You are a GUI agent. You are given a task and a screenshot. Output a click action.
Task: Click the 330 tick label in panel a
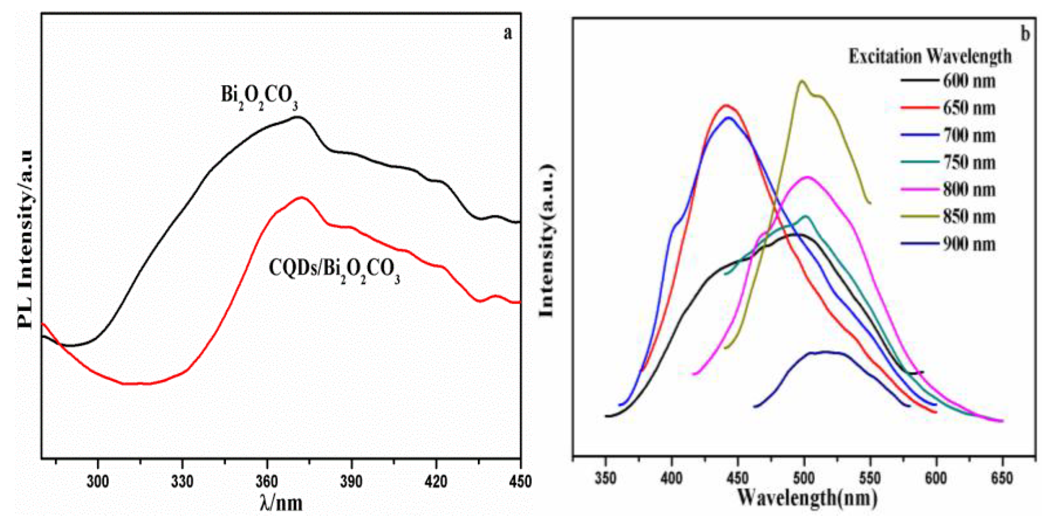pyautogui.click(x=182, y=481)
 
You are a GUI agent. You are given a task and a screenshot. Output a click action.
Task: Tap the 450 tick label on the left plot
pyautogui.click(x=520, y=481)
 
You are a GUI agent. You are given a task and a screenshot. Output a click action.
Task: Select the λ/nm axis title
pyautogui.click(x=281, y=502)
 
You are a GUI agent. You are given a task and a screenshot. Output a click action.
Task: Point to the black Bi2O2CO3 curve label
pyautogui.click(x=259, y=96)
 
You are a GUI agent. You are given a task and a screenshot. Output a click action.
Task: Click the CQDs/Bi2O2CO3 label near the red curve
pyautogui.click(x=334, y=270)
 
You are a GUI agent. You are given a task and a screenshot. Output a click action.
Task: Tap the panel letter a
pyautogui.click(x=508, y=33)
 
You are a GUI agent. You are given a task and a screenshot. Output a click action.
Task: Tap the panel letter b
pyautogui.click(x=1025, y=34)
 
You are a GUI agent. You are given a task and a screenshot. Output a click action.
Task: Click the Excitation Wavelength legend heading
pyautogui.click(x=930, y=56)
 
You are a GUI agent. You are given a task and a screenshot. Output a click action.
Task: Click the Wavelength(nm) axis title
pyautogui.click(x=807, y=498)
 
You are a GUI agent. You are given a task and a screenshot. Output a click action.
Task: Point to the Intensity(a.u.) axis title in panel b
pyautogui.click(x=546, y=241)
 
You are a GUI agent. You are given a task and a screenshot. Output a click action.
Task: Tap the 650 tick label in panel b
pyautogui.click(x=1002, y=478)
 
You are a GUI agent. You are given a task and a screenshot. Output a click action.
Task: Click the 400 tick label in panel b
pyautogui.click(x=672, y=478)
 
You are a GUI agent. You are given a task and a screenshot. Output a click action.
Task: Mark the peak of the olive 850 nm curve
pyautogui.click(x=801, y=81)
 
